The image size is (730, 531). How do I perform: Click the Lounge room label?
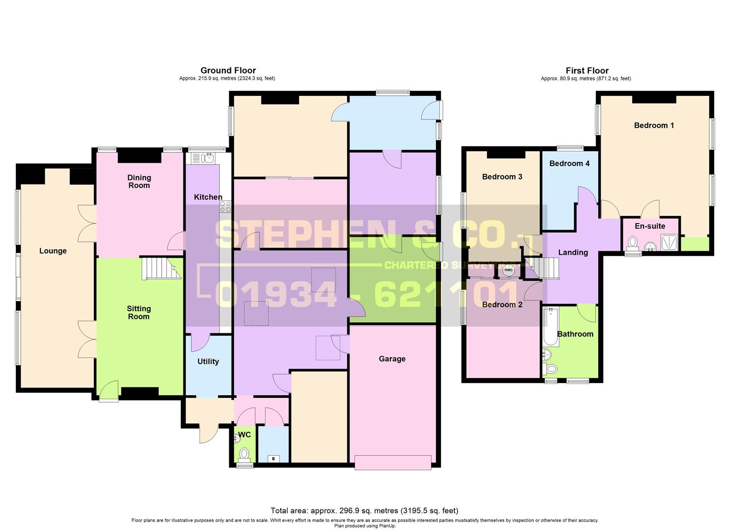(53, 251)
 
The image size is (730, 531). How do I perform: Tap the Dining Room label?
(139, 181)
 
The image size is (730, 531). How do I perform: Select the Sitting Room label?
(139, 313)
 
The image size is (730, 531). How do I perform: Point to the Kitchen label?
(208, 197)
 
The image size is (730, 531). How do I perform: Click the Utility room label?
(208, 361)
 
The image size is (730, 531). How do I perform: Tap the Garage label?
(392, 359)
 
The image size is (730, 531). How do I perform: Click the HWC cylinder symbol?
(508, 270)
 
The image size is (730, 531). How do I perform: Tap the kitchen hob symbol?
(226, 206)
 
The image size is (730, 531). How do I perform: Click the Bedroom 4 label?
(569, 163)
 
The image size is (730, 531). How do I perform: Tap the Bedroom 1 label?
(654, 125)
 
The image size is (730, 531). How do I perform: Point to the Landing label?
(573, 252)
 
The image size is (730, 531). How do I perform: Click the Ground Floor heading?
(228, 70)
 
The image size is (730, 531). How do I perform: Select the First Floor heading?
(587, 70)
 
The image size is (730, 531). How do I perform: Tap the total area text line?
(364, 510)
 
